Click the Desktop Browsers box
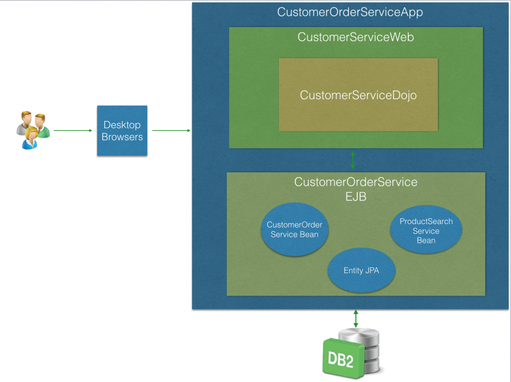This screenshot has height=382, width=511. click(x=122, y=130)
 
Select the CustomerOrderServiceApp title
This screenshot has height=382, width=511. click(x=350, y=12)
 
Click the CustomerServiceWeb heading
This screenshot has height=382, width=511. click(x=356, y=37)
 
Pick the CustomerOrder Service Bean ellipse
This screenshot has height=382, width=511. click(x=294, y=230)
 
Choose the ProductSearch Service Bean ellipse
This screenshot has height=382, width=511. click(x=426, y=231)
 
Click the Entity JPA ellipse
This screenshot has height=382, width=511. click(x=361, y=271)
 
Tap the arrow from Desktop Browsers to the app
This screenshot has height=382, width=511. click(x=171, y=130)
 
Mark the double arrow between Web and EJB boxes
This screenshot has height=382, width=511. click(x=353, y=160)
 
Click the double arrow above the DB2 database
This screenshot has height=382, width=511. click(x=356, y=318)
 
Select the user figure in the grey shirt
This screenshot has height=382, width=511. click(x=23, y=123)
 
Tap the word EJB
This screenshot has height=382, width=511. click(x=356, y=196)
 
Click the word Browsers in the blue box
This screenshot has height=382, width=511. click(x=122, y=137)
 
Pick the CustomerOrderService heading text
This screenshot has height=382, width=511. click(x=356, y=182)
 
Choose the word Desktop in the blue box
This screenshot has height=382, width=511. click(x=122, y=125)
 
